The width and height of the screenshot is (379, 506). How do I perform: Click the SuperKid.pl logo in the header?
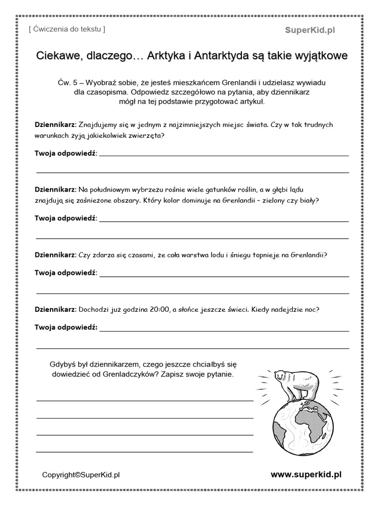[310, 30]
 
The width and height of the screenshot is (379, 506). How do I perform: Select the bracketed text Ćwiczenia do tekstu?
[67, 29]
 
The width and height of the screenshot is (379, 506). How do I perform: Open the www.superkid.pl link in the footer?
[306, 474]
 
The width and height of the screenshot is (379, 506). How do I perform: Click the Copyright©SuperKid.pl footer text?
[81, 475]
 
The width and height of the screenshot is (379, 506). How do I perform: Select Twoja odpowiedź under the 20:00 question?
[66, 327]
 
